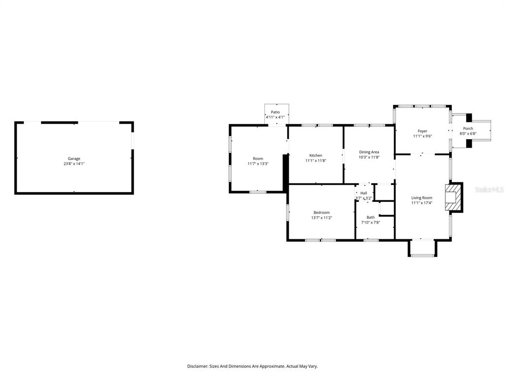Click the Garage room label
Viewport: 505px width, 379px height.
coord(74,158)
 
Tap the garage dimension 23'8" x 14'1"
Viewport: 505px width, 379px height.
coord(74,164)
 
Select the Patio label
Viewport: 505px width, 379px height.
coord(275,112)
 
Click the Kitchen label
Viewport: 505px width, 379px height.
coord(316,155)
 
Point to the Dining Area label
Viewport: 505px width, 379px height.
coord(369,152)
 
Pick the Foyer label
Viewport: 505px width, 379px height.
coord(423,131)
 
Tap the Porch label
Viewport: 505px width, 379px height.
coord(468,129)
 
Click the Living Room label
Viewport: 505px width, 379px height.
coord(422,198)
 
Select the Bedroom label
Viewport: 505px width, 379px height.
coord(322,213)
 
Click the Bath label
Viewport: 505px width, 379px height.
coord(371,218)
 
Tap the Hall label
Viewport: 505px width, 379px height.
coord(363,193)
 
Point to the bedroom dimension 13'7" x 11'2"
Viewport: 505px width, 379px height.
coord(322,218)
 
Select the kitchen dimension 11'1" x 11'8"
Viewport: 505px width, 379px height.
coord(316,160)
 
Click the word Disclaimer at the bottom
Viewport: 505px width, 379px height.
coord(197,366)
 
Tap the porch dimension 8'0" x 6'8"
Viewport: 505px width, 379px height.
coord(468,134)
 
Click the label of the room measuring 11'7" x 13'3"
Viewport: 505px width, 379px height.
coord(258,158)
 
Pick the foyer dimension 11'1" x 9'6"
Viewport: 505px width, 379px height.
coord(423,136)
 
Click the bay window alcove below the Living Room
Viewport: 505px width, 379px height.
coord(423,248)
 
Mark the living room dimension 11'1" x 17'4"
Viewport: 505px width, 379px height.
coord(422,203)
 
